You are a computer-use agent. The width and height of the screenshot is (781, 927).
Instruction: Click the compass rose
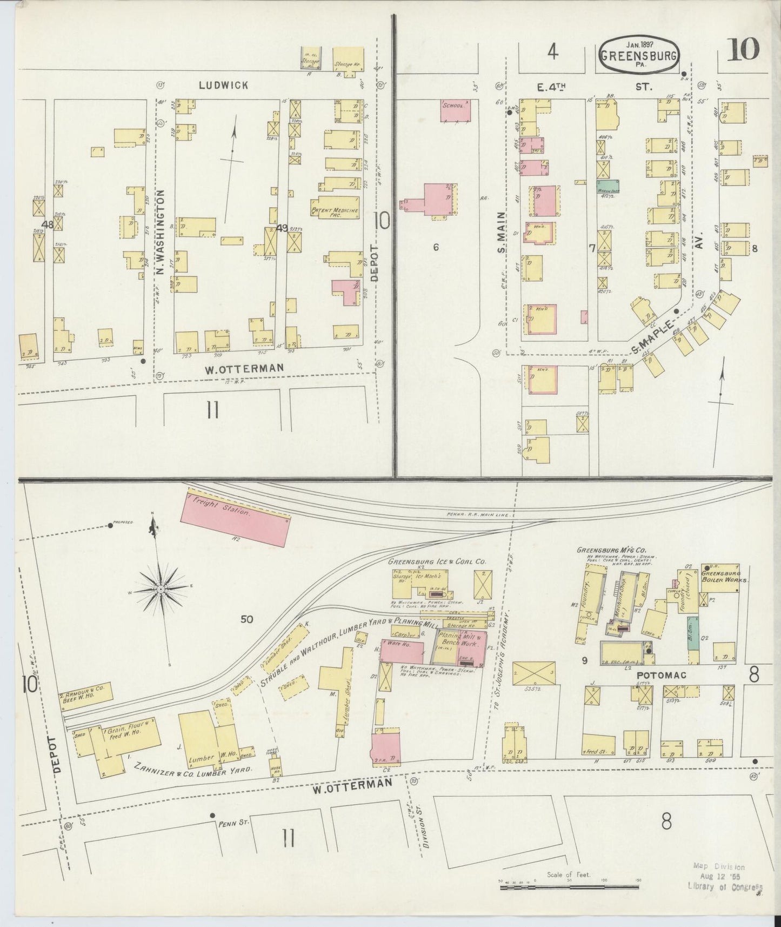tap(161, 588)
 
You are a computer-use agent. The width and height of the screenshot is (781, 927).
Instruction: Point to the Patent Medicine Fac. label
tap(335, 211)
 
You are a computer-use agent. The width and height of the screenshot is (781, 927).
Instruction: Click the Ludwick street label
tap(223, 85)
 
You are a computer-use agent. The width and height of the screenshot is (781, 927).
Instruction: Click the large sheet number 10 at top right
tap(743, 51)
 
